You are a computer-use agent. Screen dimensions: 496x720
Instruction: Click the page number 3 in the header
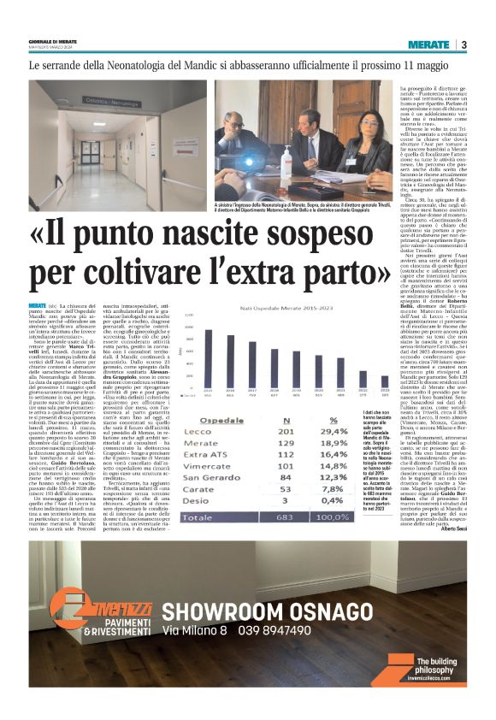tap(463, 44)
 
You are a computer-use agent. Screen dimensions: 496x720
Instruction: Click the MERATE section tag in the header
tap(428, 44)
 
